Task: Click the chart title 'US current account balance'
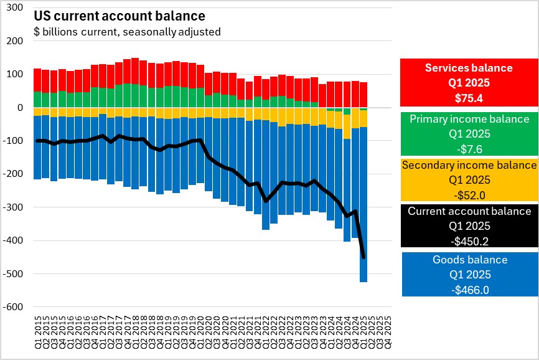point(119,16)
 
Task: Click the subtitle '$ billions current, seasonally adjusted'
point(127,31)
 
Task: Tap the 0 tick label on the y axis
point(20,108)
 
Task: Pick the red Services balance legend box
point(469,82)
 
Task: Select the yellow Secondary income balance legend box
point(469,180)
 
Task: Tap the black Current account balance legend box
point(469,226)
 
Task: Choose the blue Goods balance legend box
point(469,274)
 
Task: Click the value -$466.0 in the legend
point(470,290)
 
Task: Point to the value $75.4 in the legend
point(469,97)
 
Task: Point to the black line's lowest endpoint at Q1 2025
point(363,257)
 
